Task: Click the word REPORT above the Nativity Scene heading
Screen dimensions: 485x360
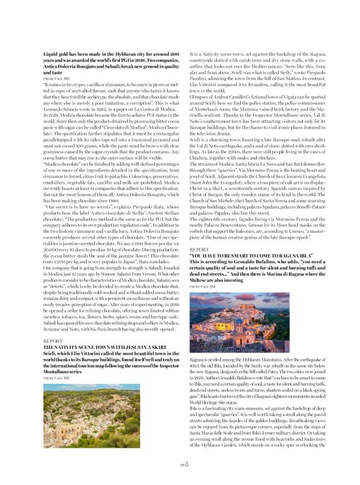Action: (53, 341)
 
